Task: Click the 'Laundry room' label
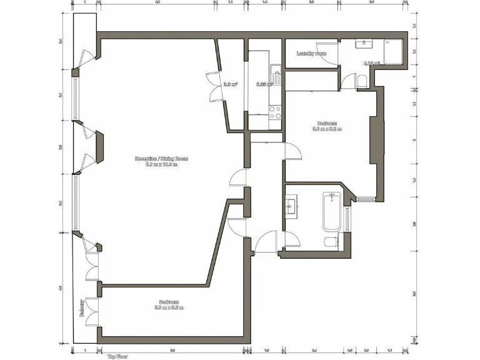point(311,54)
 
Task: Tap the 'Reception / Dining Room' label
point(161,159)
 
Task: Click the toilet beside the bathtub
point(331,241)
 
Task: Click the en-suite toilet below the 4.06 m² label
point(363,80)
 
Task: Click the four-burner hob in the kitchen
point(274,112)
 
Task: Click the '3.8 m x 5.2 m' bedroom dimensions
point(327,129)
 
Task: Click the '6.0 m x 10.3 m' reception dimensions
point(161,164)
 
